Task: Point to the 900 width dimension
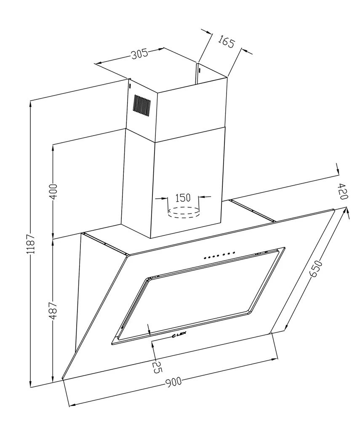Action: (173, 382)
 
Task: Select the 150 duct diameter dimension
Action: (183, 197)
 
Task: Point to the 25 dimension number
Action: (156, 367)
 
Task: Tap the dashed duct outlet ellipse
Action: (183, 211)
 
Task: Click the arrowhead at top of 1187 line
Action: (30, 105)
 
